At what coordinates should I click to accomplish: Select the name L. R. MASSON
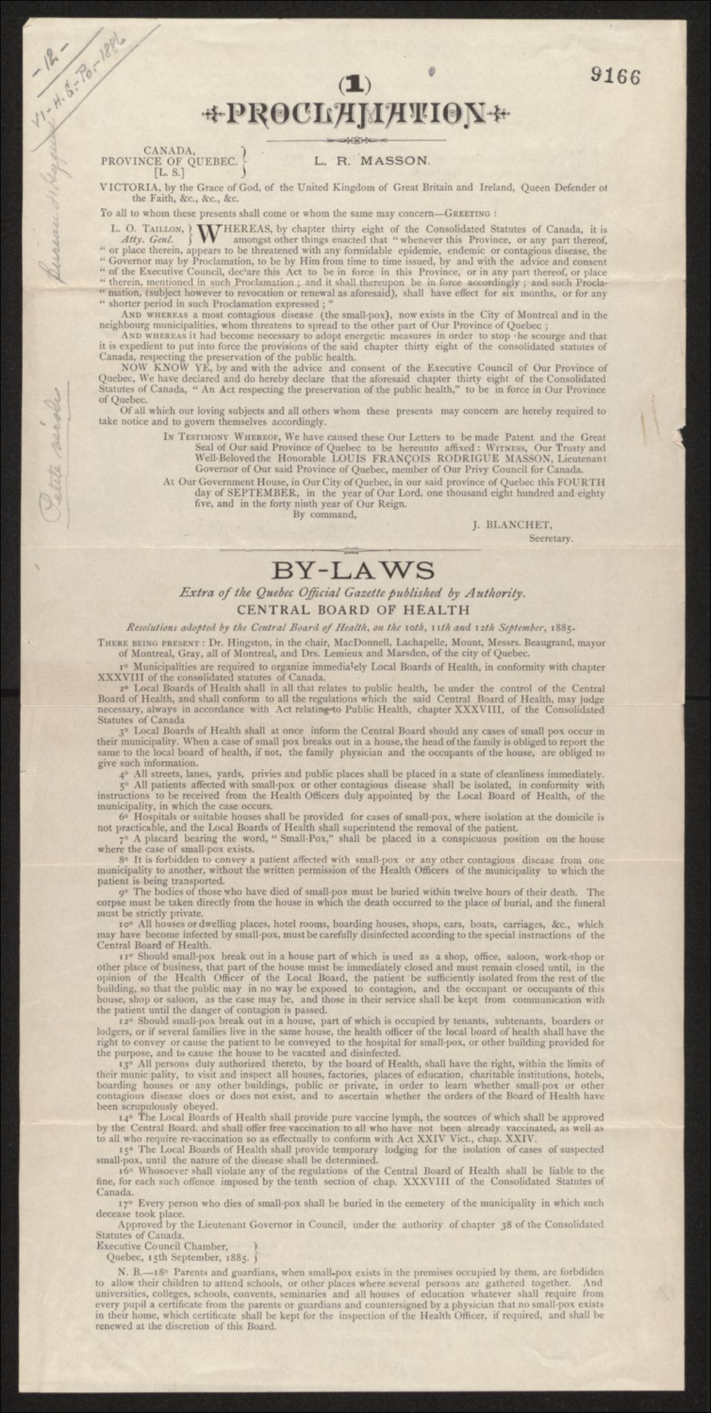point(372,160)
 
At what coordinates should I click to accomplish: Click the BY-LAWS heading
point(353,571)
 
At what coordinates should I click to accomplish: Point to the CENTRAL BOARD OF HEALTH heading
point(353,610)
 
